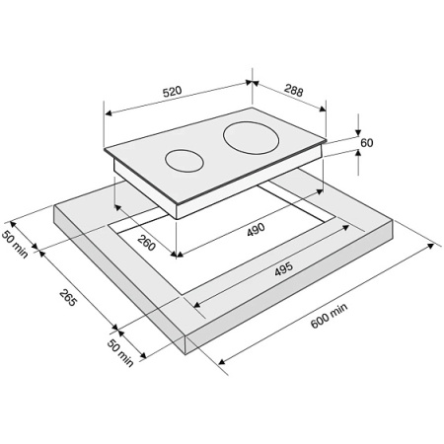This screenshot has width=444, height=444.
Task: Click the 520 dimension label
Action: coord(172,91)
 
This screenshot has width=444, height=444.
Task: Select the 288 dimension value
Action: coord(294,91)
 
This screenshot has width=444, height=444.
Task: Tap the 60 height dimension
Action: coord(367,143)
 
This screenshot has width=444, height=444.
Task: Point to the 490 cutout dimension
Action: coord(256,229)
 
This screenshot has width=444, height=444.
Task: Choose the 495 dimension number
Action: coord(283,268)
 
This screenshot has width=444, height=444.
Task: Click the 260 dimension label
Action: coord(146,243)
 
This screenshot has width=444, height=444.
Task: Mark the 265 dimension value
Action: coord(68,297)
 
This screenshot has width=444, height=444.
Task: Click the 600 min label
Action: coord(329,316)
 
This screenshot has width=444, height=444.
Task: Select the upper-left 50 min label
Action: coord(15,245)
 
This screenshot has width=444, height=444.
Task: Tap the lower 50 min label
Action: coord(120,353)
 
